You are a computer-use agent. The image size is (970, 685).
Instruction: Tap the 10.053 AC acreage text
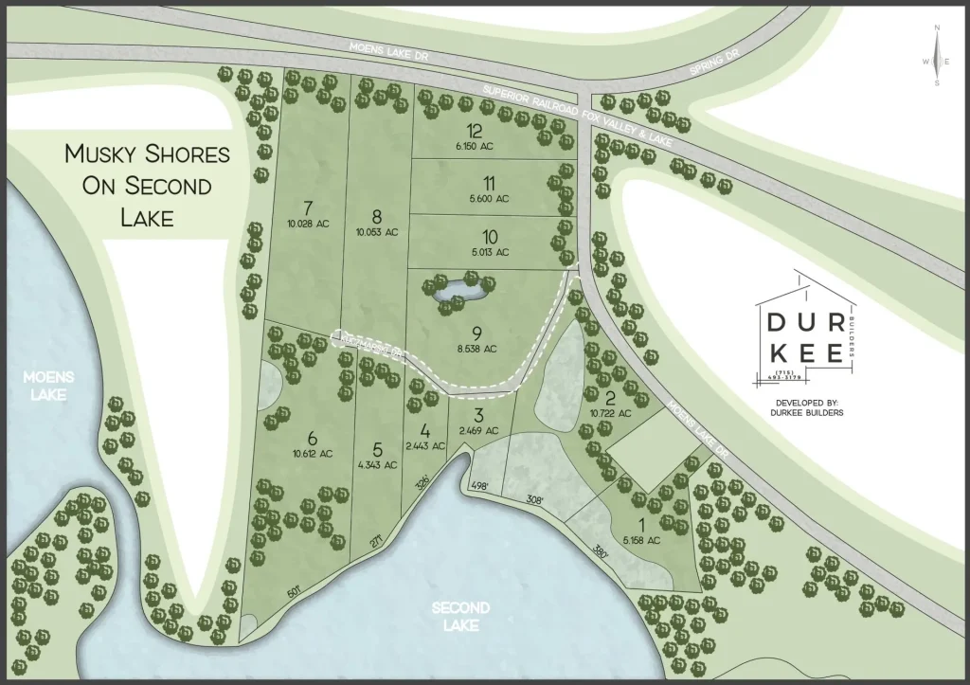click(377, 231)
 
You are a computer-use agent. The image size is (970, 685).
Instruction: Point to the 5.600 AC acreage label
click(489, 199)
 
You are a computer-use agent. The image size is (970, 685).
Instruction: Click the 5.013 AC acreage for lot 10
click(489, 252)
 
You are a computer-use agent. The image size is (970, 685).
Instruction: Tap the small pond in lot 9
click(458, 292)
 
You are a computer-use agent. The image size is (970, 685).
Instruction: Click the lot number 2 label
click(611, 398)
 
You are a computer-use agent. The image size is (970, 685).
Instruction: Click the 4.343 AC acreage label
click(377, 464)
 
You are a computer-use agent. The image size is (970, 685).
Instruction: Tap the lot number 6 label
click(312, 437)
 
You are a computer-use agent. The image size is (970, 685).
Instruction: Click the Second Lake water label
click(460, 616)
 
